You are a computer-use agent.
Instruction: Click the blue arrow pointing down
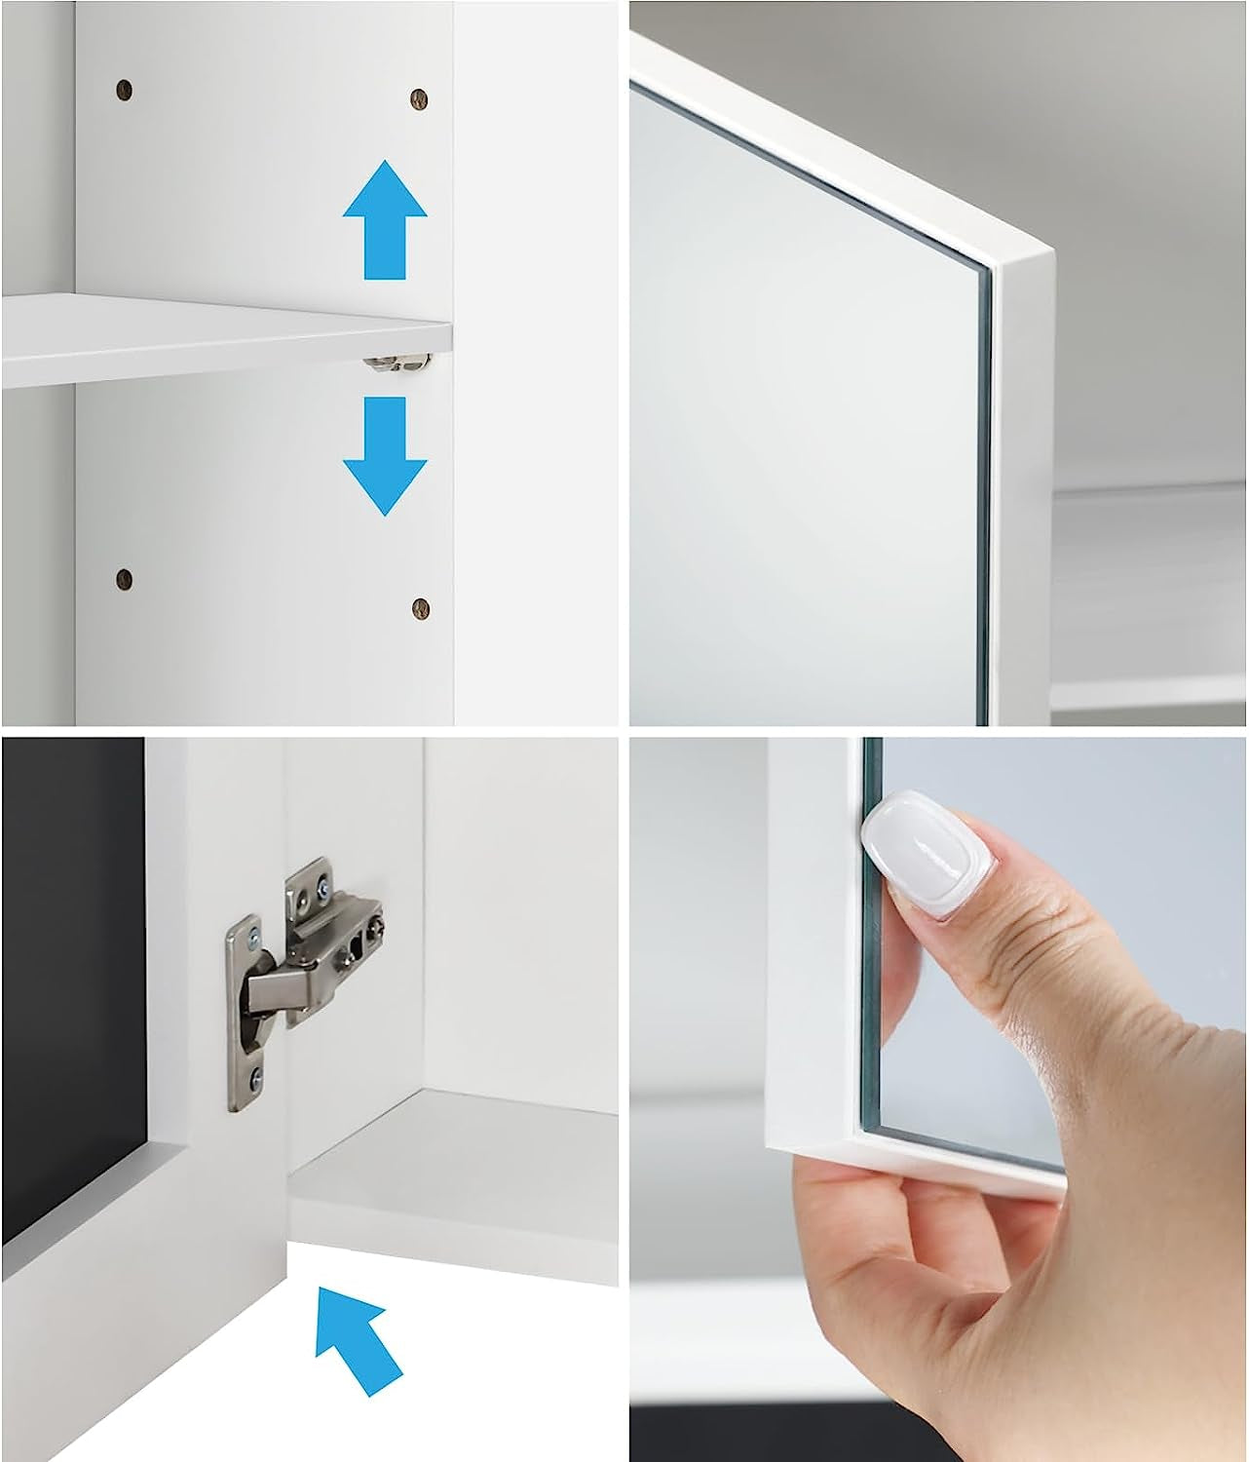pos(385,454)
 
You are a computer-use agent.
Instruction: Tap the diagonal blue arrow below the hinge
pos(358,1339)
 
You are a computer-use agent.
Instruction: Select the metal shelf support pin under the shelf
pos(397,363)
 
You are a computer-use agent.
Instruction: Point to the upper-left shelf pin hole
pos(124,92)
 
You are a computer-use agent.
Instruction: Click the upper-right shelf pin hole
pos(419,98)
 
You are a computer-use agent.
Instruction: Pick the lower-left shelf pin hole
pos(124,577)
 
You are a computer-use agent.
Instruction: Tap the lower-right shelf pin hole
pos(420,607)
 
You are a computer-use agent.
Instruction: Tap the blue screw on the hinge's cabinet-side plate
pos(321,884)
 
